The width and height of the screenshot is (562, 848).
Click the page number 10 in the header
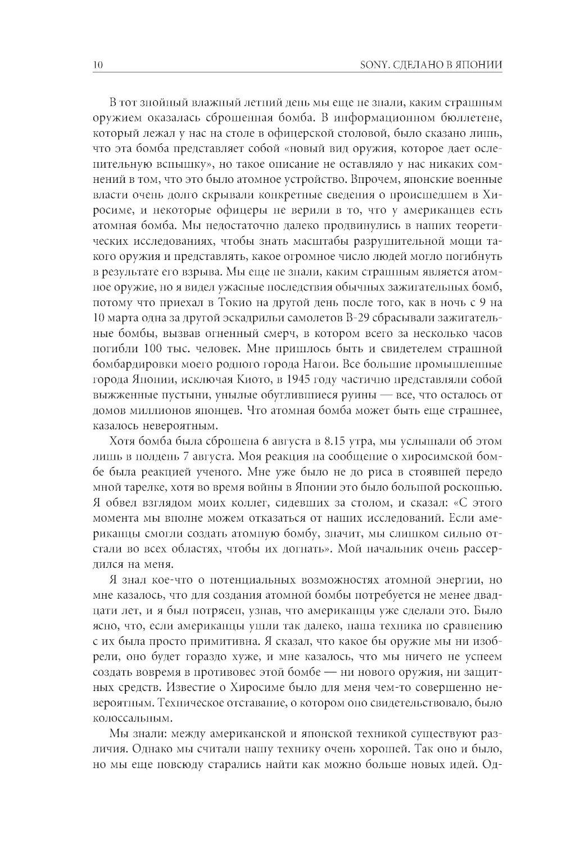[x=96, y=65]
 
